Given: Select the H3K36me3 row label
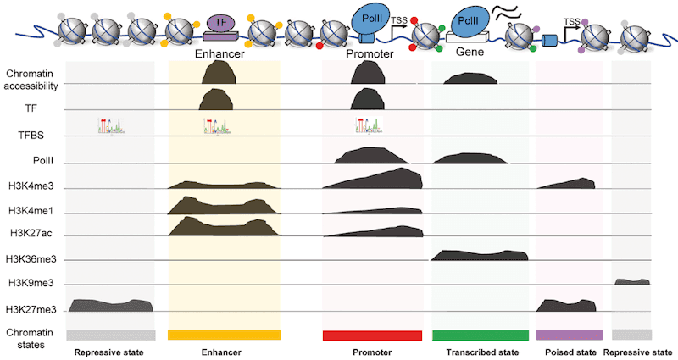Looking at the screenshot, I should (x=33, y=259).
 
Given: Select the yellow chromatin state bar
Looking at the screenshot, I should (x=224, y=335).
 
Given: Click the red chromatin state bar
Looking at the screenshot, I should (x=372, y=335).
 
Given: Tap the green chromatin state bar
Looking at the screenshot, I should (x=480, y=335).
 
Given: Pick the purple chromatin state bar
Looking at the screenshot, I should (x=569, y=335).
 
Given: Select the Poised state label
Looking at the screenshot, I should (x=569, y=352).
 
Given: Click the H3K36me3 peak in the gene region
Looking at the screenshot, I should (x=480, y=254).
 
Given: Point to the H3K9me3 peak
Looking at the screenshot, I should (x=631, y=280).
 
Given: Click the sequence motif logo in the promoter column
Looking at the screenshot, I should (x=369, y=126).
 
